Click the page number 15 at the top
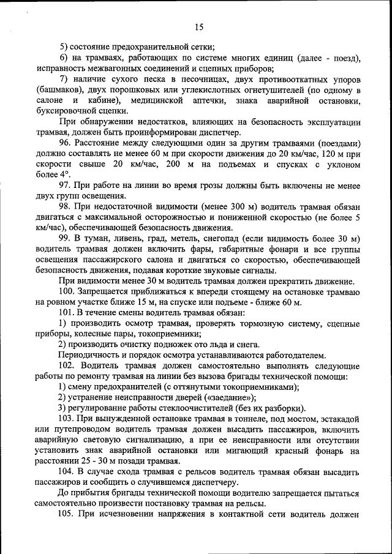[x=199, y=26]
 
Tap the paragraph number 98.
[x=66, y=207]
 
